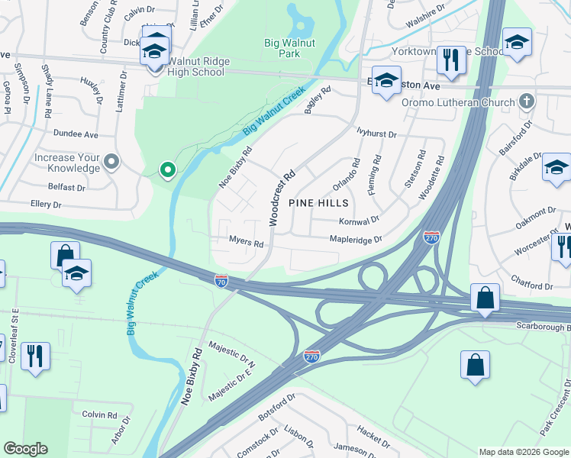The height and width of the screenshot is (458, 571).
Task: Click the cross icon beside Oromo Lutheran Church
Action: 526,101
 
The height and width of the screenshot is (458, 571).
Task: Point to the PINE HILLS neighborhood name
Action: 318,203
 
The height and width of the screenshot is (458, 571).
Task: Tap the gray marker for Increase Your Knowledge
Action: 111,162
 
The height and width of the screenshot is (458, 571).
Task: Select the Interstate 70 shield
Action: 221,282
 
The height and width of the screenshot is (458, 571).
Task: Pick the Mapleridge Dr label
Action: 355,240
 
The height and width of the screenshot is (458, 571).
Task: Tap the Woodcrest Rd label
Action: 280,198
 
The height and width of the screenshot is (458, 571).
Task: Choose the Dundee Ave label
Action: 76,134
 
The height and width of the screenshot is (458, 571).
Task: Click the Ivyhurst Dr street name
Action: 377,134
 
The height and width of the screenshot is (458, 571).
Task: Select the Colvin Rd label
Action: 100,415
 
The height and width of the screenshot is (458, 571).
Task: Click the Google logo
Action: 26,449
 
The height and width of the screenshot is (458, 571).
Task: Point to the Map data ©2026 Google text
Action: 523,451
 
